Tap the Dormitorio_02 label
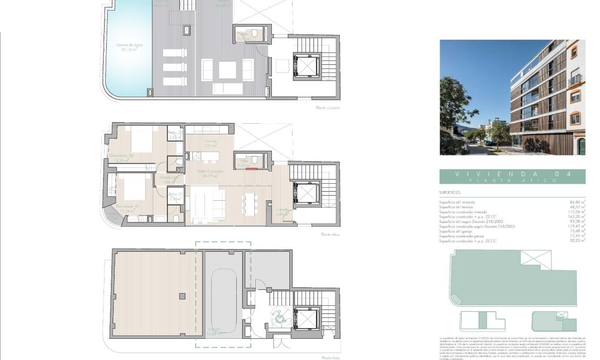[x=122, y=156]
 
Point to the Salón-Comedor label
[x=210, y=172]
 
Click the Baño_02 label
[x=176, y=133]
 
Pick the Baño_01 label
[x=175, y=194]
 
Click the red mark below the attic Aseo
[x=255, y=170]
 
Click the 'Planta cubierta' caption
[x=328, y=108]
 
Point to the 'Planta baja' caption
[x=330, y=357]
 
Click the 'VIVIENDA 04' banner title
[x=512, y=174]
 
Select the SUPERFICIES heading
[x=450, y=193]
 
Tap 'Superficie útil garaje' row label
[x=460, y=231]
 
